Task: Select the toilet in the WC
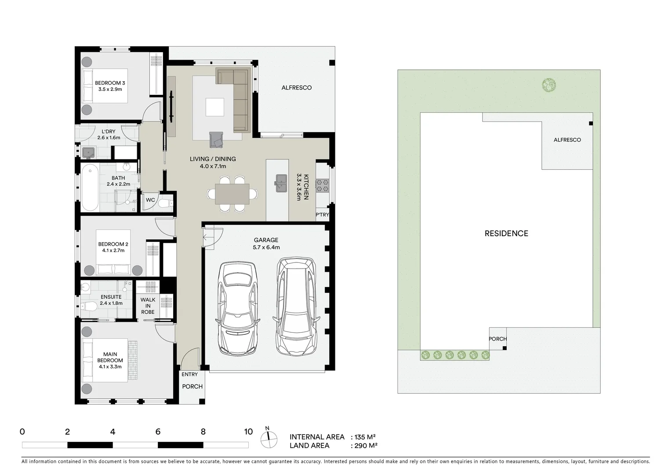165,203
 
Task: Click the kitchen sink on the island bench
281,183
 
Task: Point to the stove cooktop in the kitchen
322,185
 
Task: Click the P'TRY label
322,215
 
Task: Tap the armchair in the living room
216,140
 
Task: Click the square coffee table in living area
214,107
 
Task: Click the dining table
232,194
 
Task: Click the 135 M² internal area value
364,437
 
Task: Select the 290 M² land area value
365,446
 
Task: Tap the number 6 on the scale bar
158,432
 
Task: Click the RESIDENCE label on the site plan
506,233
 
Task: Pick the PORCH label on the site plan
498,339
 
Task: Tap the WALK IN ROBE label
148,306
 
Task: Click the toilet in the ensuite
90,306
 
